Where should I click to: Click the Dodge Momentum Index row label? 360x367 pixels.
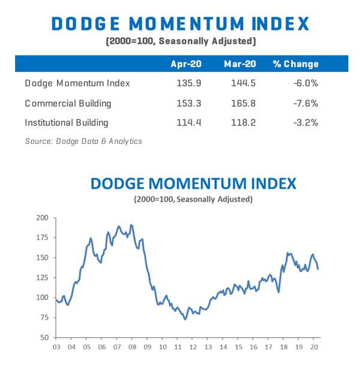click(77, 83)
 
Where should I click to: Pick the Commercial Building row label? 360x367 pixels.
click(68, 103)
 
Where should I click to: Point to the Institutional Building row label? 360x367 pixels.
click(67, 122)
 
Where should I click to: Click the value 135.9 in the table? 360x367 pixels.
click(188, 83)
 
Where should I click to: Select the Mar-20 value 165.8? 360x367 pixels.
click(243, 103)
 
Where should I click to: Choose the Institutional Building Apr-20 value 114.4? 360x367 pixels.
click(188, 122)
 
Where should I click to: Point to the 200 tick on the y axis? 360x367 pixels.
click(41, 218)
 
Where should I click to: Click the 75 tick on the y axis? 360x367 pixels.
click(43, 317)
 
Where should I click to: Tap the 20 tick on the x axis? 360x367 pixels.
click(314, 347)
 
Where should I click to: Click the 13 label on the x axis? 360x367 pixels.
click(208, 347)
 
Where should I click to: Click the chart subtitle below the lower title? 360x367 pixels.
click(193, 199)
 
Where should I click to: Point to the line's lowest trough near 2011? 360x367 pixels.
click(185, 319)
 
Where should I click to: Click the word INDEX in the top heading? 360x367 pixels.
click(277, 24)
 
